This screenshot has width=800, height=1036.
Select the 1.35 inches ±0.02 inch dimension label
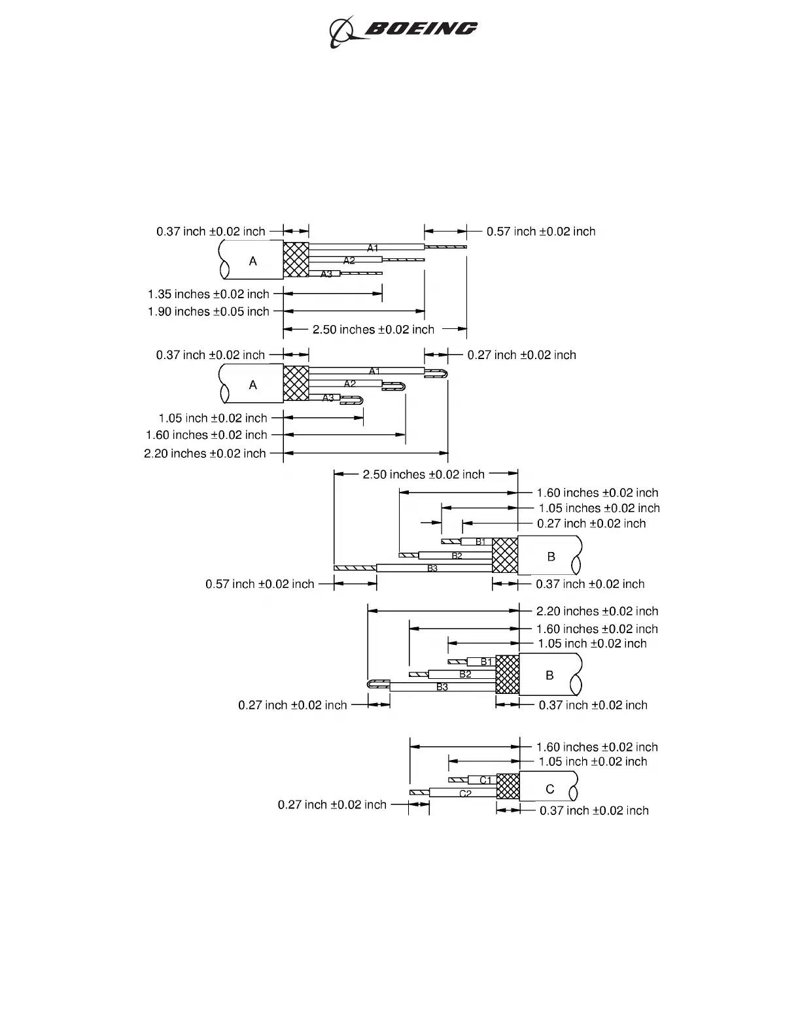209,294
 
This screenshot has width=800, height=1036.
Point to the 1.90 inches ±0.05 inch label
209,312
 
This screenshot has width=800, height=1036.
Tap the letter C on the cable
550,789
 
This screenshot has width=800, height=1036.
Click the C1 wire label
485,780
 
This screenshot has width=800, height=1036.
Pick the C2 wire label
466,794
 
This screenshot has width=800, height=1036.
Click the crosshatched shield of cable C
508,786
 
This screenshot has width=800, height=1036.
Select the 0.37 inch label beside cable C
594,811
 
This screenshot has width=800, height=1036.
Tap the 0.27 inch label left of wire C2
332,804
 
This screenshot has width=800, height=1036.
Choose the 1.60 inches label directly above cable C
597,747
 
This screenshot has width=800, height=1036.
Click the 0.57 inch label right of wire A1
541,232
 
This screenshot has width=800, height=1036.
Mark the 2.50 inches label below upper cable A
374,330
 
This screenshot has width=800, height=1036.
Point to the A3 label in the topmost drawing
326,274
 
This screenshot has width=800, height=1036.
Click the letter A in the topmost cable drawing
253,261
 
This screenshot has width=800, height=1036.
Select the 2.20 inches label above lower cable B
597,612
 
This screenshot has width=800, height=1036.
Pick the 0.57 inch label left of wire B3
260,584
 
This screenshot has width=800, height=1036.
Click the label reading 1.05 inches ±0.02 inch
599,508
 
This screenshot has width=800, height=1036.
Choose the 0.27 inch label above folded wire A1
521,355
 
